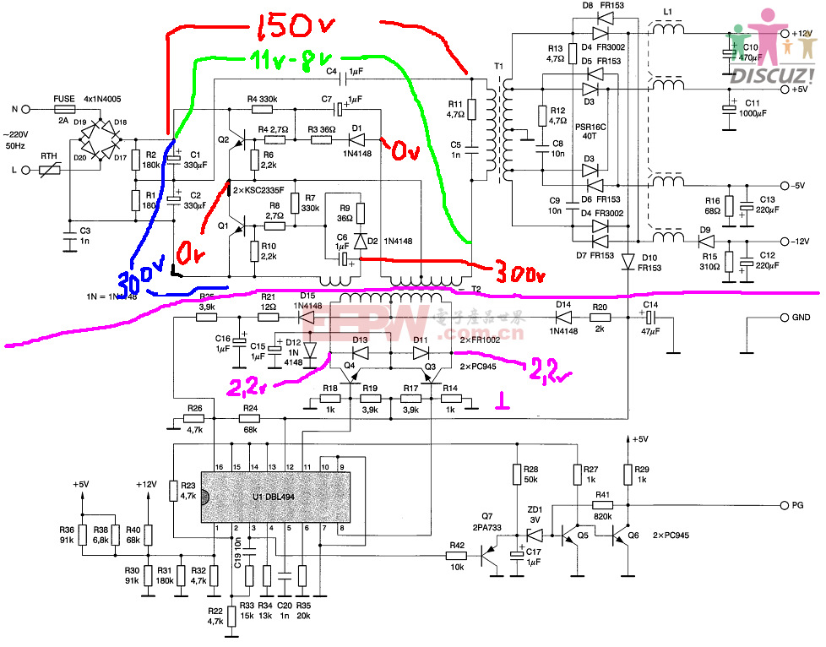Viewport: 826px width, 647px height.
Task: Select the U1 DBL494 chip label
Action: click(x=280, y=495)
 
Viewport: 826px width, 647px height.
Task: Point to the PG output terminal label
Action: click(x=796, y=505)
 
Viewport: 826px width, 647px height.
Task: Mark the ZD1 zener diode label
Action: click(x=534, y=510)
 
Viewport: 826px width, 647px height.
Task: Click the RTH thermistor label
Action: click(x=50, y=155)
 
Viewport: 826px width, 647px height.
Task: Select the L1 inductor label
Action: click(x=668, y=11)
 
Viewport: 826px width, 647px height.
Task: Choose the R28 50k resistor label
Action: click(x=530, y=474)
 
